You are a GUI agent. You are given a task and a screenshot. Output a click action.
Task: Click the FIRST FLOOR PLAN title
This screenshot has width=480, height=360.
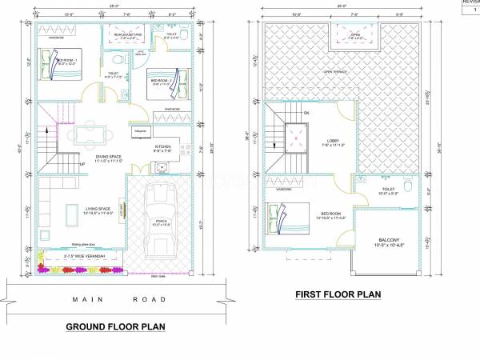[338, 294]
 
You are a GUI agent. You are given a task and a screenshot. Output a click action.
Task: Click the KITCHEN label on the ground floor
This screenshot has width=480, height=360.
[162, 146]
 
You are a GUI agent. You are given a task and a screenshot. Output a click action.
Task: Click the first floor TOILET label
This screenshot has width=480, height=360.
[388, 190]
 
